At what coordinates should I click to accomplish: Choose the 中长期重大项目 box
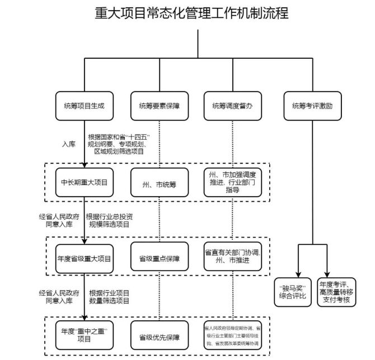[x=84, y=182]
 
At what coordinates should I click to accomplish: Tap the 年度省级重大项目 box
[x=84, y=259]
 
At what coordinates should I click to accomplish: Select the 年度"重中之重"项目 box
[x=84, y=335]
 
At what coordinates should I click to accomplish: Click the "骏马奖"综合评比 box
[x=293, y=291]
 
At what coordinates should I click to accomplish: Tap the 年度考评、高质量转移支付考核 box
[x=337, y=291]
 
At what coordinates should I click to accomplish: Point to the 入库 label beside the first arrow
[x=68, y=143]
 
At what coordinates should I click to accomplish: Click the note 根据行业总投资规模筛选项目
[x=110, y=220]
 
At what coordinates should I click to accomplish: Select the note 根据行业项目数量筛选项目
[x=110, y=296]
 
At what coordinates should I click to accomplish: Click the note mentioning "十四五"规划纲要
[x=119, y=144]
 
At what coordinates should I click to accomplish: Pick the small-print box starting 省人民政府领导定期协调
[x=232, y=335]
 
